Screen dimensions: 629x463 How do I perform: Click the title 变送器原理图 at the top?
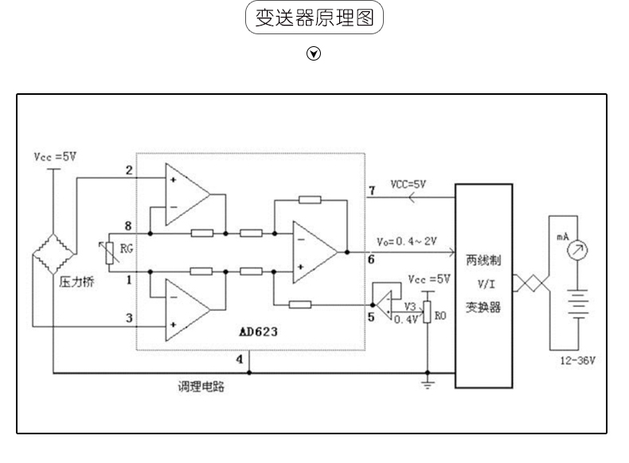point(314,18)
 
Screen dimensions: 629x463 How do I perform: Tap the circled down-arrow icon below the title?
point(314,53)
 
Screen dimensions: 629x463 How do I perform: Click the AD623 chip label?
point(258,332)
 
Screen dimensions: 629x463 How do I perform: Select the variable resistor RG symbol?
point(110,253)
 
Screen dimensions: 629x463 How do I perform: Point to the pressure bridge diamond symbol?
point(53,253)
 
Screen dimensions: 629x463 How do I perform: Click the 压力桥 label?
point(76,282)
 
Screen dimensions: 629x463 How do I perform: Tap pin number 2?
point(129,171)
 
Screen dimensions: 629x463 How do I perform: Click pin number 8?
point(128,226)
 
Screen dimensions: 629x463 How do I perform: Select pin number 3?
point(129,318)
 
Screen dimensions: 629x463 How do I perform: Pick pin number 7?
point(372,190)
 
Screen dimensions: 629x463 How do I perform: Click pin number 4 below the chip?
point(240,359)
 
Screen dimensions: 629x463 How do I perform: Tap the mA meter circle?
point(577,250)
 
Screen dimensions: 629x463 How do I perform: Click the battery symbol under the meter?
point(578,304)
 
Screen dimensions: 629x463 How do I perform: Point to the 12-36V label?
point(578,361)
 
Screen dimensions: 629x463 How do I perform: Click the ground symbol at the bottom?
point(428,383)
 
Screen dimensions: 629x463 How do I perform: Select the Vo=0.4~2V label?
point(406,241)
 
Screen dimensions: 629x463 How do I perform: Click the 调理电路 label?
point(201,386)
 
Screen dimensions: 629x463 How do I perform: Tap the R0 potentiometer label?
point(440,316)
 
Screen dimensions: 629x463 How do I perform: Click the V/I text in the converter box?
point(486,284)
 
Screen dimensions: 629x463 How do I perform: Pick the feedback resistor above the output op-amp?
point(310,199)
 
